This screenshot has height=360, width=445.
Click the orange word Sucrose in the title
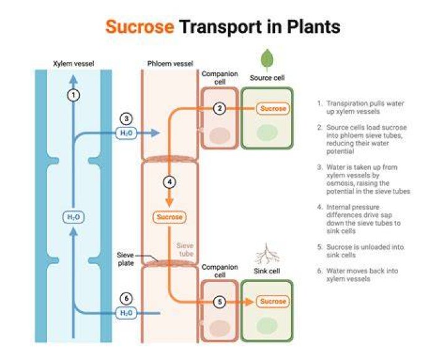[x=140, y=27]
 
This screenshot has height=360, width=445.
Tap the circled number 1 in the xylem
[x=74, y=95]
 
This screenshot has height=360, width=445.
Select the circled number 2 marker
[x=219, y=108]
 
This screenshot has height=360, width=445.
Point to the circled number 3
[x=126, y=119]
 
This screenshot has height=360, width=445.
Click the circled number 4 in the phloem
[x=169, y=182]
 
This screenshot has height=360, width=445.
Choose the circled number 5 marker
[x=219, y=301]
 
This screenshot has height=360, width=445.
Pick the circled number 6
[x=126, y=298]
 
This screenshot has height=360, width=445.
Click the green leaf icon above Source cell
[x=267, y=60]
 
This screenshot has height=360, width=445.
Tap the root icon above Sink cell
[x=266, y=254]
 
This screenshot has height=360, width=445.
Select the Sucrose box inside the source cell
[x=273, y=108]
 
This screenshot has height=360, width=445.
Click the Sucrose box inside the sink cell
[x=273, y=301]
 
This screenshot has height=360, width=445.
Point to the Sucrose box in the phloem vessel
[x=169, y=217]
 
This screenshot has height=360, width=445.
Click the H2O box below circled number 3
[x=126, y=133]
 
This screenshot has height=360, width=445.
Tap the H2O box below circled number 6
[x=126, y=313]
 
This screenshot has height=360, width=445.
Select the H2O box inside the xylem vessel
[x=73, y=217]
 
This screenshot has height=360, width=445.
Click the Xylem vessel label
[x=74, y=64]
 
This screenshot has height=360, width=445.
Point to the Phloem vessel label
[x=170, y=64]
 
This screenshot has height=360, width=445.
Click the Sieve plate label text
[x=125, y=259]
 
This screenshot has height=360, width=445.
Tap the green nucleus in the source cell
[x=267, y=133]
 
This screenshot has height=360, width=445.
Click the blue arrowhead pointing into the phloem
[x=155, y=133]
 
